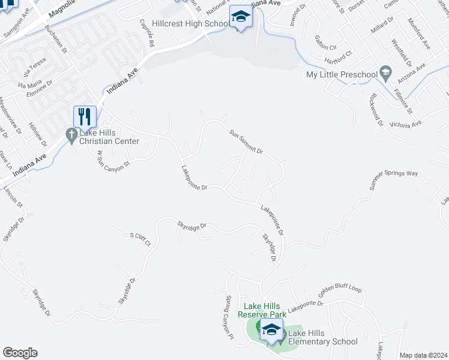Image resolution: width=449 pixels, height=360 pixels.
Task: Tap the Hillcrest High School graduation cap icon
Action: coord(240,16)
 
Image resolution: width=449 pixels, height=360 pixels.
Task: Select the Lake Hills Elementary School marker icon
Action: coord(271,329)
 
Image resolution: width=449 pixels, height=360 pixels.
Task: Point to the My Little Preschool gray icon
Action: coord(386,74)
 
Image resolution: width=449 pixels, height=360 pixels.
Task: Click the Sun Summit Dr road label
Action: coord(246,142)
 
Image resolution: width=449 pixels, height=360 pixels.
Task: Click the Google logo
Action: coord(20,353)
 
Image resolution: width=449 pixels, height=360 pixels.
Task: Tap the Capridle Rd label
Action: coord(147,34)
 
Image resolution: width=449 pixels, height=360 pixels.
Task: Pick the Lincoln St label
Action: coord(13,196)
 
